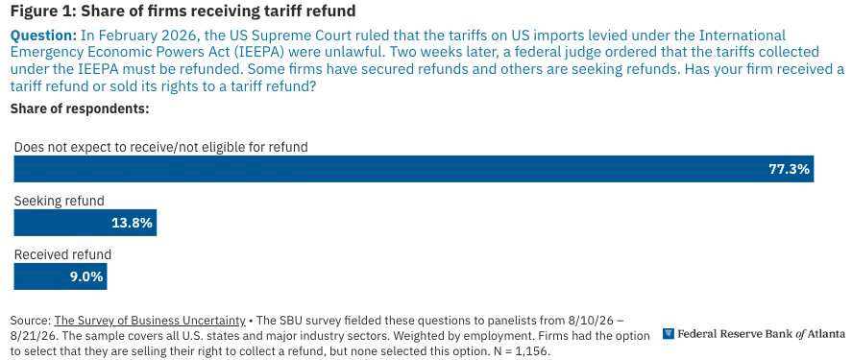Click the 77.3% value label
(789, 169)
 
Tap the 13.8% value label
(132, 223)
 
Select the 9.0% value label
(86, 276)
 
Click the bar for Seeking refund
(85, 223)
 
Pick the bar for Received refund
(61, 276)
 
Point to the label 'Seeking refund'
(59, 201)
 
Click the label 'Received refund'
(62, 254)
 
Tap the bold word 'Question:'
(44, 36)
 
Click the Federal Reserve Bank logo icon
(669, 333)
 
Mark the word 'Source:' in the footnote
(31, 320)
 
